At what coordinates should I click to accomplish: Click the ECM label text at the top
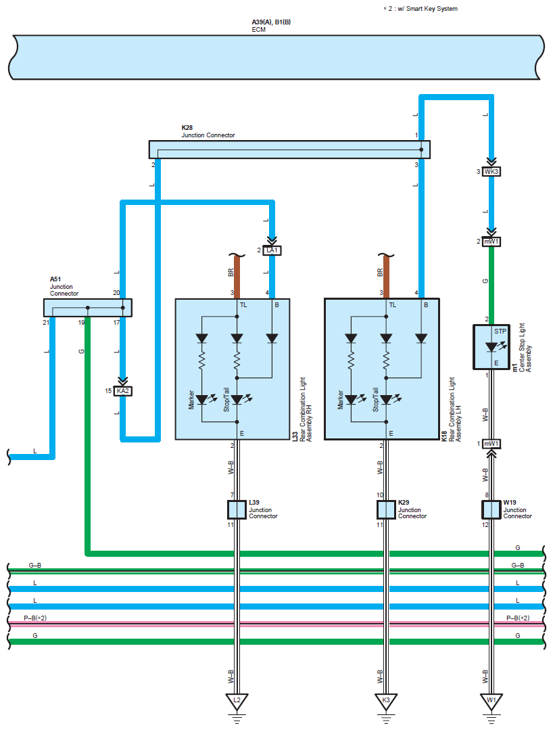pos(259,29)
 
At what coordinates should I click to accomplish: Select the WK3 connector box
pos(491,172)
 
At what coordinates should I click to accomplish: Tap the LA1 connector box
pos(272,250)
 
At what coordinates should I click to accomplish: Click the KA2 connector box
pos(123,391)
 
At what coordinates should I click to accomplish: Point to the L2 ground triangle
pos(237,701)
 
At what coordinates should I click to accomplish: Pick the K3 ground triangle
pos(386,701)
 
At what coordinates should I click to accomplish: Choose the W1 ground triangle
pos(491,701)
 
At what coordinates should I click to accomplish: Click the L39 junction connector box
pos(237,510)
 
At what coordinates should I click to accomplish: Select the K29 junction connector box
pos(386,510)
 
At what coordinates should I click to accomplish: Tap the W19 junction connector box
pos(491,510)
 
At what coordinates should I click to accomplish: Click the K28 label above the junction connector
pos(187,128)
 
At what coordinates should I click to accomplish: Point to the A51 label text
pos(55,279)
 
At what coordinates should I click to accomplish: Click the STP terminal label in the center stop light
pos(500,332)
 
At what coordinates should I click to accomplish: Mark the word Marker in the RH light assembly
pos(191,400)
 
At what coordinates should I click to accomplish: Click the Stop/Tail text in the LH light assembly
pos(375,399)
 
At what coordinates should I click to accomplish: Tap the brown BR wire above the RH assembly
pos(237,277)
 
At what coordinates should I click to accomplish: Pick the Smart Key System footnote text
pos(420,9)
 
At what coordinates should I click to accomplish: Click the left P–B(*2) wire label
pos(35,618)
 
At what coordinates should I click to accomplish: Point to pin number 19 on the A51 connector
pos(81,322)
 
